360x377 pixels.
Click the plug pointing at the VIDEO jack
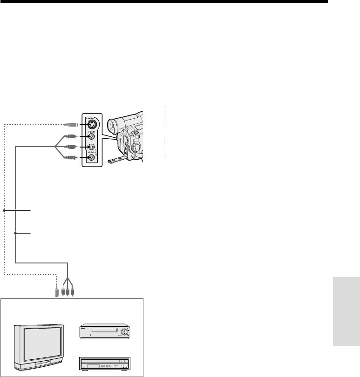pos(73,136)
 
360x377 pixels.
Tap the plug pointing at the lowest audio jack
pos(73,157)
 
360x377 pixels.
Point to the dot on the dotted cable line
pos(5,211)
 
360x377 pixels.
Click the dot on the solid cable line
pos(15,233)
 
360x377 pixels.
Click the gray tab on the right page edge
pos(346,311)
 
